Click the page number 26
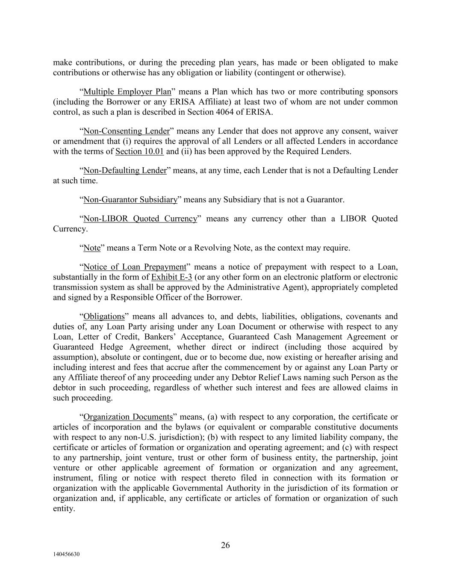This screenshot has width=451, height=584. [225, 545]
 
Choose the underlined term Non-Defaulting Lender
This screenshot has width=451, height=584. [125, 170]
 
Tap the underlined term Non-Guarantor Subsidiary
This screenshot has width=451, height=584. [130, 199]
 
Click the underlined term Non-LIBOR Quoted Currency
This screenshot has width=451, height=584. [140, 219]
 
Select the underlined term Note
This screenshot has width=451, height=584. [92, 248]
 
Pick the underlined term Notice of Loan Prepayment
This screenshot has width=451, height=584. [135, 267]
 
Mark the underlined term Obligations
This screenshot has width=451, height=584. [104, 317]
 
